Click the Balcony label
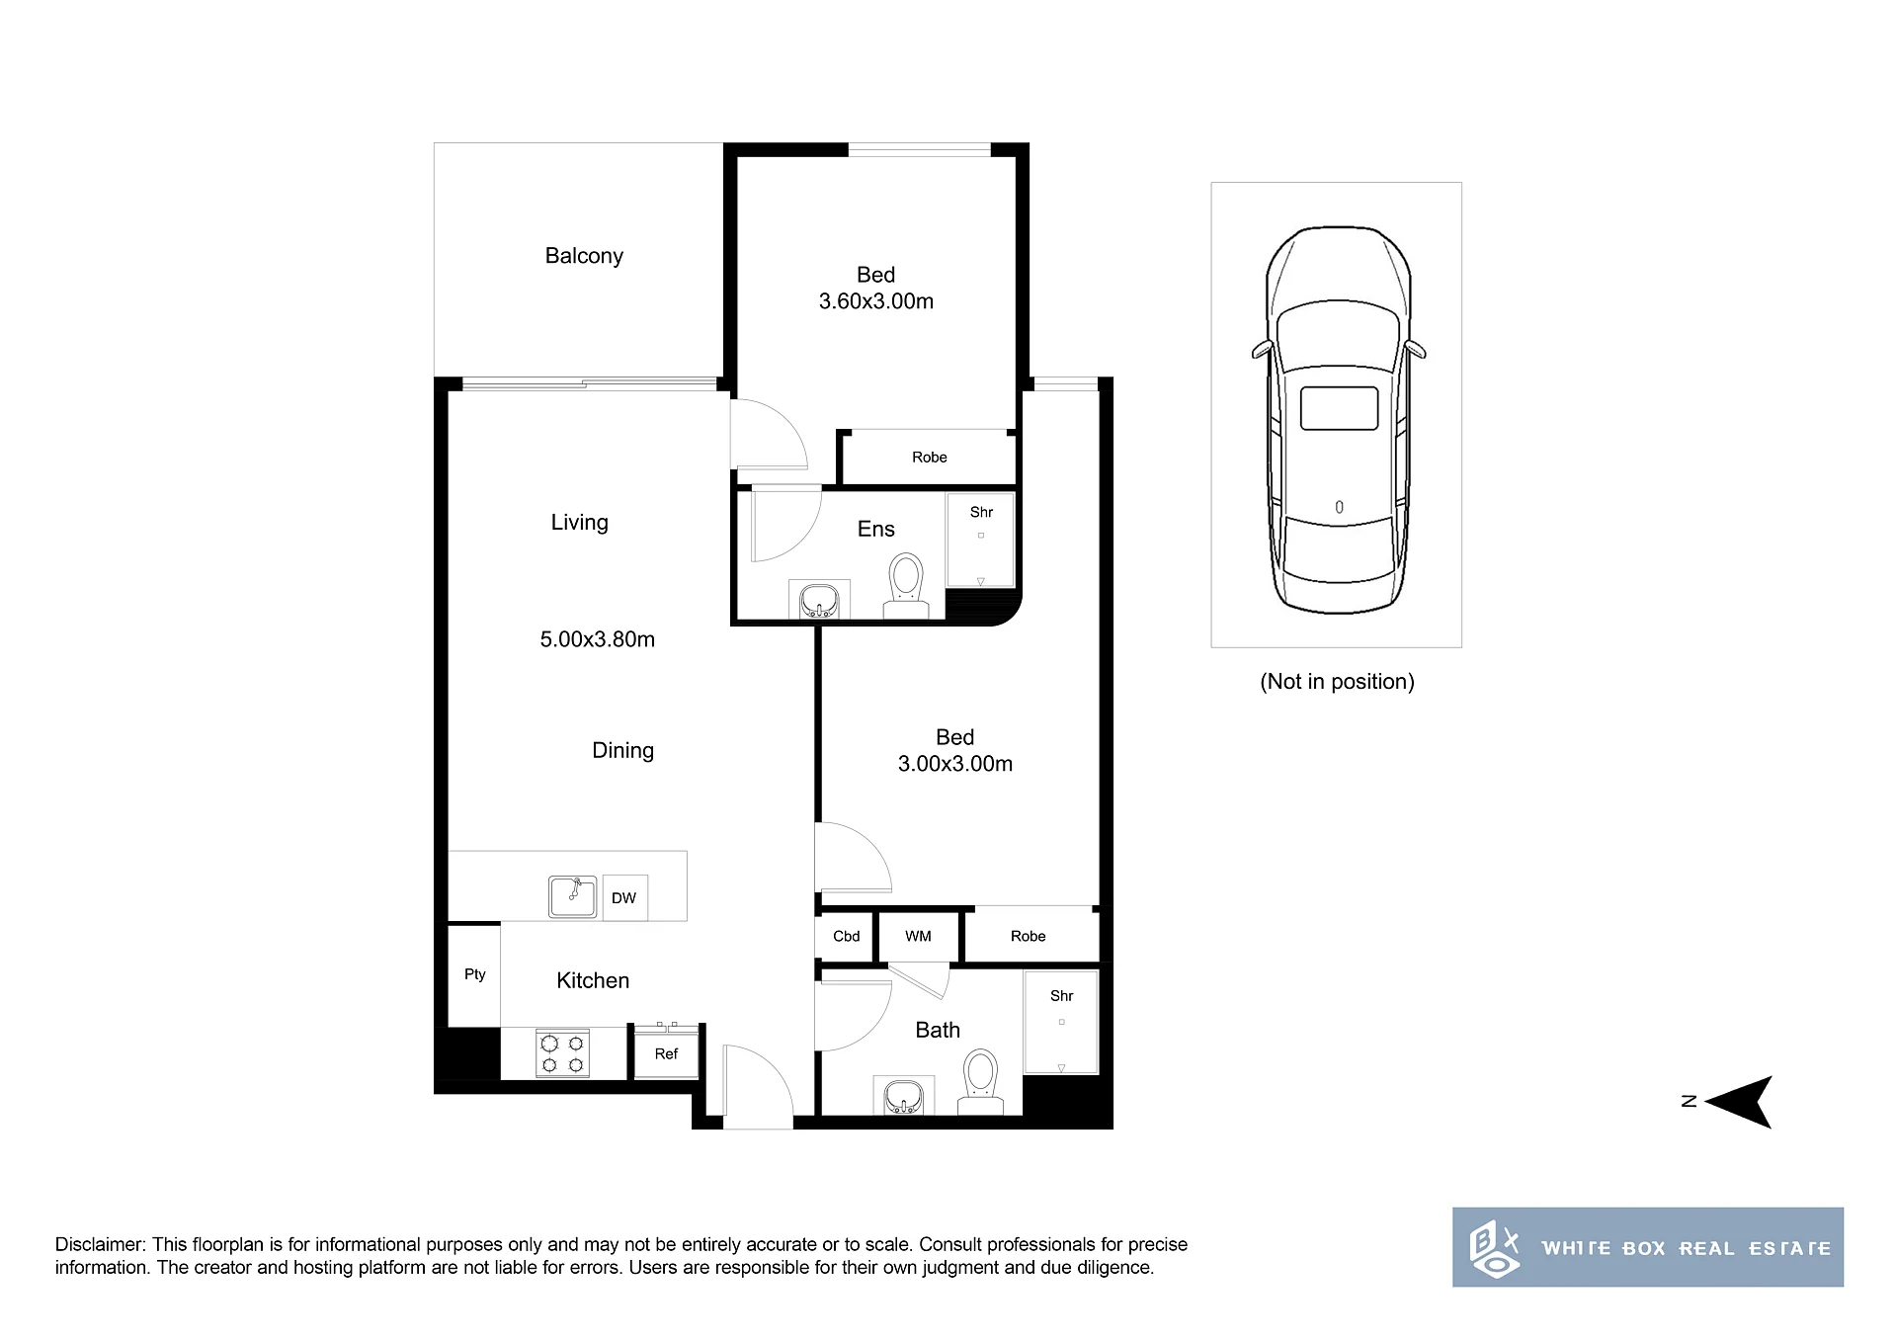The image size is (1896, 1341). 584,256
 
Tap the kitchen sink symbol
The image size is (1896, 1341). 573,896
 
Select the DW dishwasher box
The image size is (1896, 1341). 624,897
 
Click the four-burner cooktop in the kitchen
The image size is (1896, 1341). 563,1053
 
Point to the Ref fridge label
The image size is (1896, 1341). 666,1054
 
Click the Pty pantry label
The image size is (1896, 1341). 475,974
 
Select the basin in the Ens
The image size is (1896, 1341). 819,600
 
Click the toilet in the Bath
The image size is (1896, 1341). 981,1082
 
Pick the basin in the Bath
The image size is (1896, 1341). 904,1097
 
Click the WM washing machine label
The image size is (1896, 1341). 918,936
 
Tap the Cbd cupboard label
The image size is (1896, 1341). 847,936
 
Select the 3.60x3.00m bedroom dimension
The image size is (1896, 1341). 876,301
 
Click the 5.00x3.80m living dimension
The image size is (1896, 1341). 598,639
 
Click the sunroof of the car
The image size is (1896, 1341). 1339,408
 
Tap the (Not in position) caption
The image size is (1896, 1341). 1338,682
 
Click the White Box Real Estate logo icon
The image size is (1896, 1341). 1494,1249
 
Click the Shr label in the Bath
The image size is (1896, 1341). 1062,996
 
